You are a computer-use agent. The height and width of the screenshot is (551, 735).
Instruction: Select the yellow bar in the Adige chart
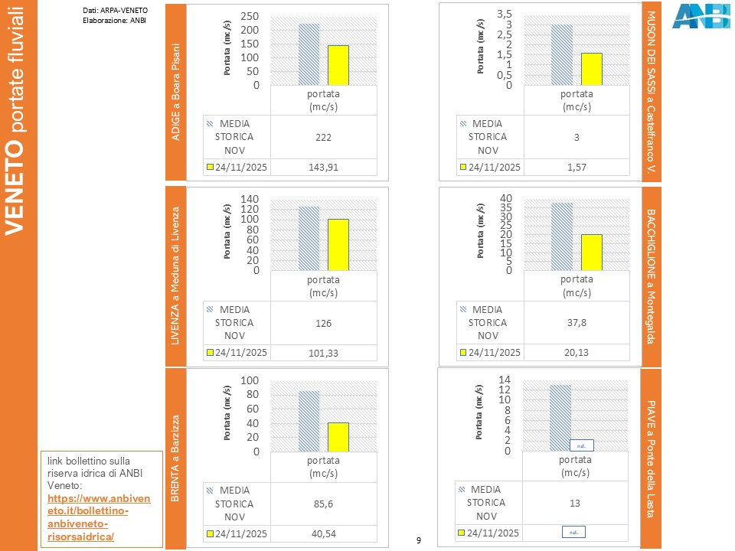(338, 65)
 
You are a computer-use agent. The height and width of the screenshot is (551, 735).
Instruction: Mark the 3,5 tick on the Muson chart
(505, 14)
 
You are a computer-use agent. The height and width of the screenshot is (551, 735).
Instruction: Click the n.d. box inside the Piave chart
(582, 445)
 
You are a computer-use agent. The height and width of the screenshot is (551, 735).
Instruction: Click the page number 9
(418, 541)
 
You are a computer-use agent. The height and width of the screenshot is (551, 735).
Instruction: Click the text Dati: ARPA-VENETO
(115, 10)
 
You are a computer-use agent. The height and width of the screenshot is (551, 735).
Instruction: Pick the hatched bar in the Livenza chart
(309, 238)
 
